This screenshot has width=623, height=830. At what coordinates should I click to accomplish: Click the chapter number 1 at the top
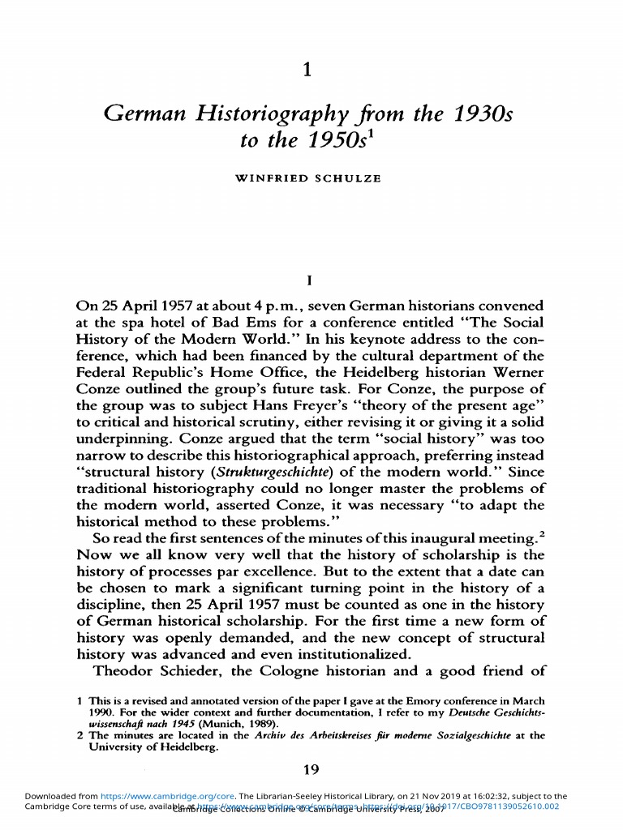pyautogui.click(x=306, y=71)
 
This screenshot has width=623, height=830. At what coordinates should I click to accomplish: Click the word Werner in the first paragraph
pyautogui.click(x=515, y=372)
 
